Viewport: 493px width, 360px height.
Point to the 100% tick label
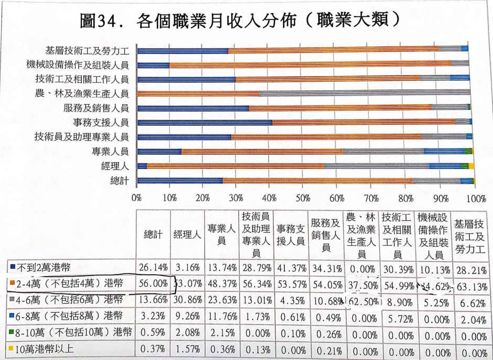tap(476, 199)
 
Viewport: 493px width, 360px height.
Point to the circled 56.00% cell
tap(153, 283)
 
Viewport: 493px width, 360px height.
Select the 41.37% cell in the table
tap(291, 267)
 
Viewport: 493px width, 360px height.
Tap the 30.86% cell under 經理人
tap(187, 300)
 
